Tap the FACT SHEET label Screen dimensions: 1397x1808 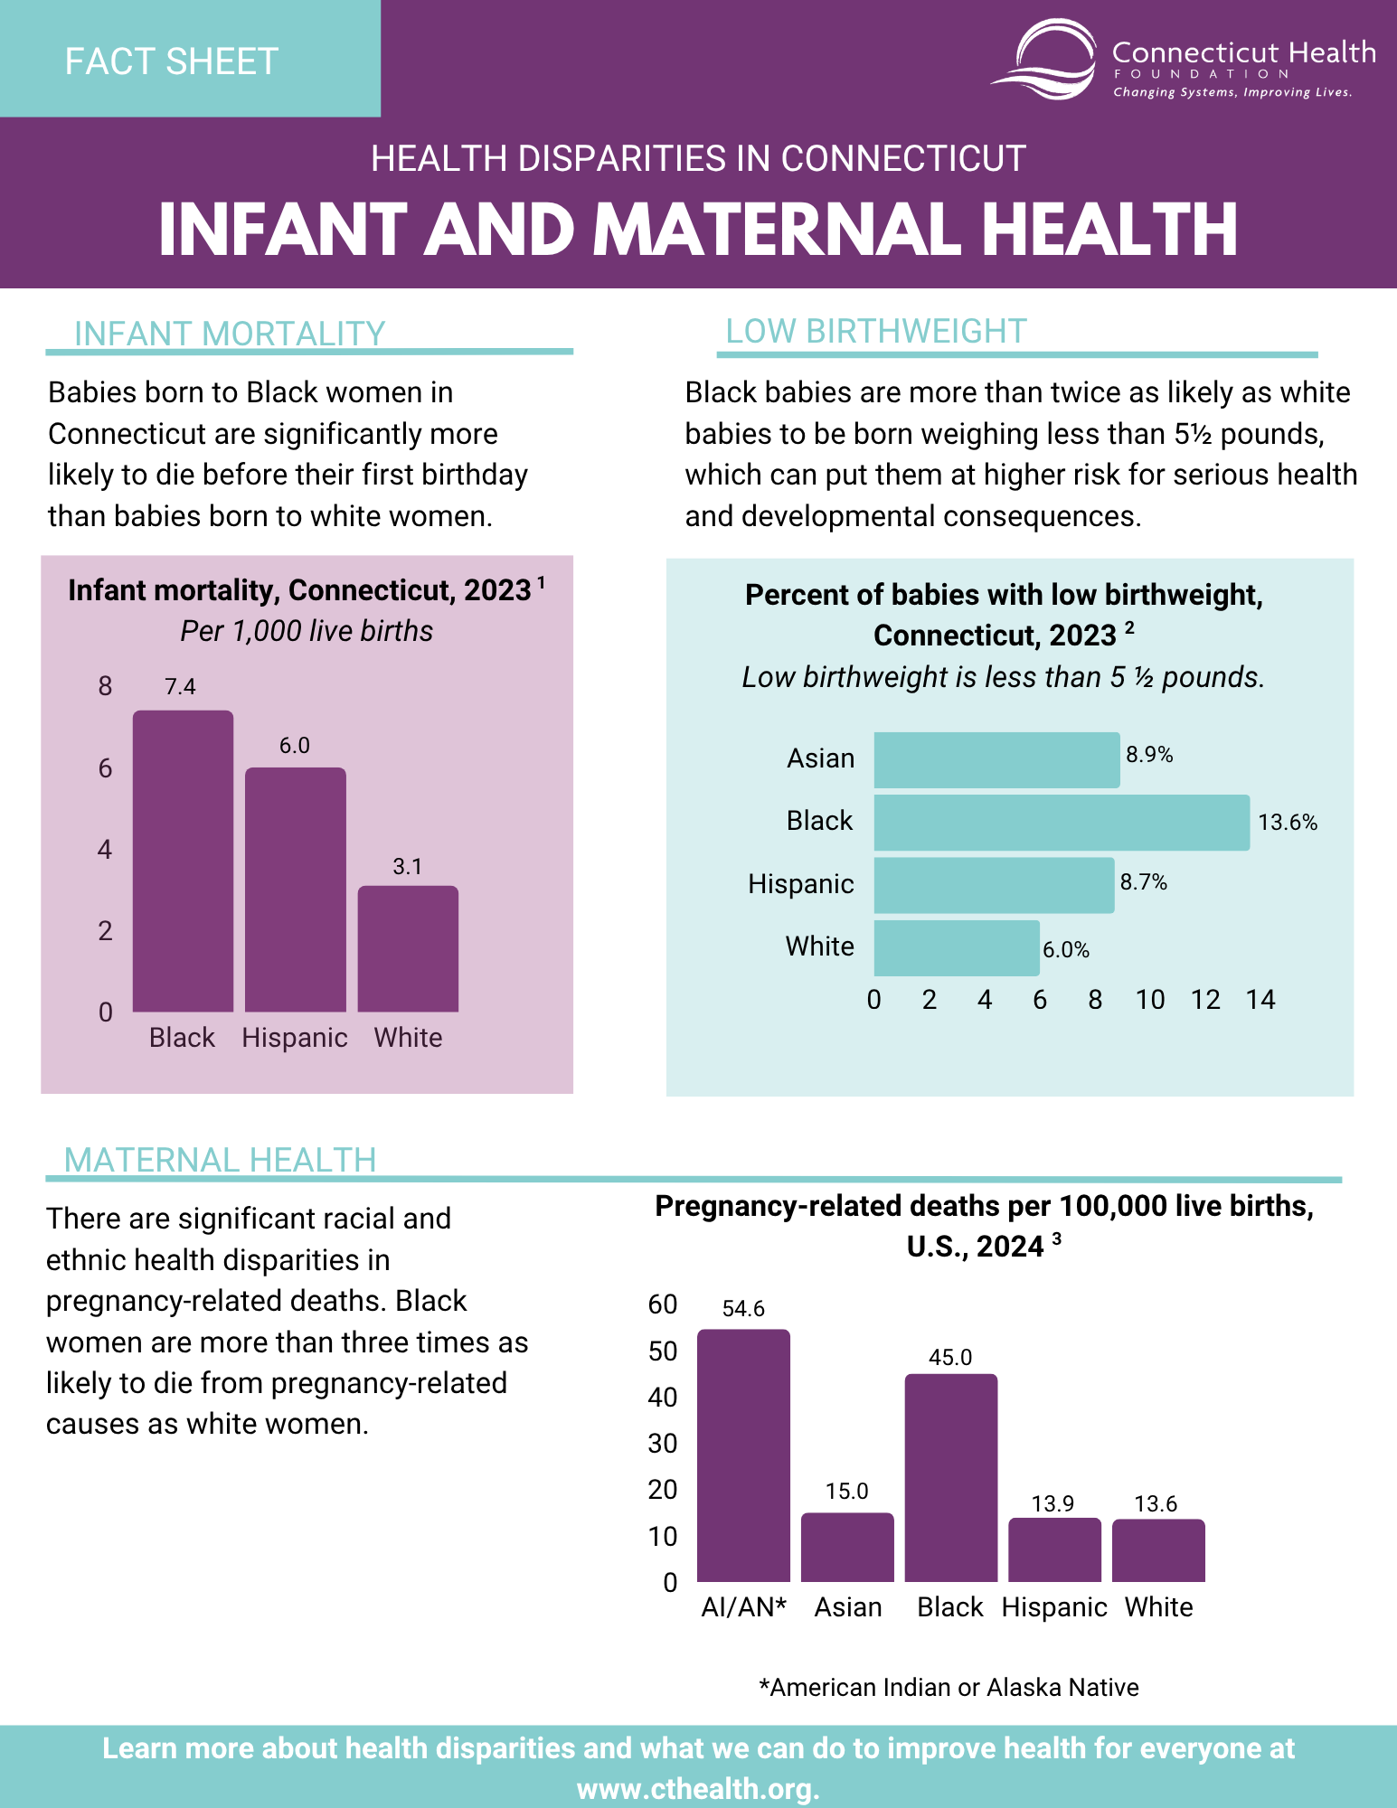[x=172, y=61]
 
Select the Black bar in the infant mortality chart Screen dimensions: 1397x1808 [x=183, y=861]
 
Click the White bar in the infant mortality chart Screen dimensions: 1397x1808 [x=408, y=948]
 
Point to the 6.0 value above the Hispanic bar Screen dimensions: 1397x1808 [x=295, y=746]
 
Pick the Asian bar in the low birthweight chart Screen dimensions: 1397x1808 [x=996, y=759]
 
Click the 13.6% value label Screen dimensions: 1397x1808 [x=1288, y=823]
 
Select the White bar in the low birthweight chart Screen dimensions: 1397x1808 [x=957, y=947]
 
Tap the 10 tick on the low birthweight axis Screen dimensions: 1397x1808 [x=1150, y=1000]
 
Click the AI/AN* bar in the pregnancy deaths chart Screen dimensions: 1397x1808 [x=743, y=1455]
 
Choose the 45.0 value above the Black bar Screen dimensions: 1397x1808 [x=950, y=1358]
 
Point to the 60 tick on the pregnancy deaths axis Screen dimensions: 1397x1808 [x=663, y=1304]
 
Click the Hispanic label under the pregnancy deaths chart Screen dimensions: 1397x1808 [x=1054, y=1607]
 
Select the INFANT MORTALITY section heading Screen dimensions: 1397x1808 [x=230, y=334]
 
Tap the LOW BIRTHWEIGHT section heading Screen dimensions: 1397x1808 [x=876, y=332]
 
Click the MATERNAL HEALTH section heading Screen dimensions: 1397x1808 [x=221, y=1160]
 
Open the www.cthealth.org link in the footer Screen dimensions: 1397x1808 [x=698, y=1789]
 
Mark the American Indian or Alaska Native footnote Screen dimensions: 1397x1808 [x=949, y=1688]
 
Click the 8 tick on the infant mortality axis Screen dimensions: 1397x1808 [x=106, y=686]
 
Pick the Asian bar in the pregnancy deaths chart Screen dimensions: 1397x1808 [x=847, y=1548]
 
